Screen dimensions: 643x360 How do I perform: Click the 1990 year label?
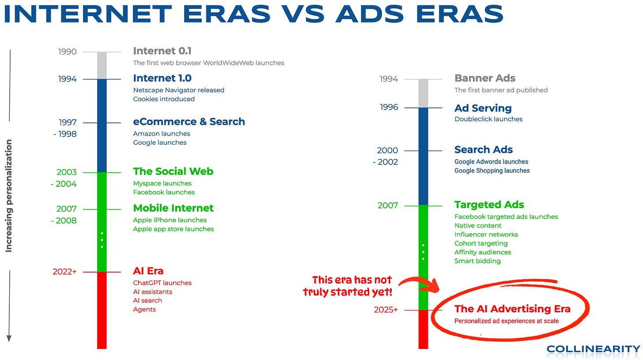tap(68, 52)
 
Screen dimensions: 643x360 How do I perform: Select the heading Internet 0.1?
tap(162, 51)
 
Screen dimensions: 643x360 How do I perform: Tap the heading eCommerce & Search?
tap(189, 121)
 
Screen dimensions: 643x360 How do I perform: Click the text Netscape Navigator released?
tap(178, 90)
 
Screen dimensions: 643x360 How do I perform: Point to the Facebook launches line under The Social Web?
tap(164, 192)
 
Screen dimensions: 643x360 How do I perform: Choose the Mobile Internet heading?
tap(174, 208)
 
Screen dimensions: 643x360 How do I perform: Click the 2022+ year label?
tap(64, 272)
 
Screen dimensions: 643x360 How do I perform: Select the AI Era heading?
tap(148, 271)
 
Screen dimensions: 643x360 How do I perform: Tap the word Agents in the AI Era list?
tap(144, 310)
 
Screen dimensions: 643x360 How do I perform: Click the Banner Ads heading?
tap(485, 78)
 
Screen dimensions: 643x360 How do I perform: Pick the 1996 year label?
tap(389, 107)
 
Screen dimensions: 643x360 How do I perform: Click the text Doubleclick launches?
tap(488, 119)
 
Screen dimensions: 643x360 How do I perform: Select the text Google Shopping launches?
tap(492, 171)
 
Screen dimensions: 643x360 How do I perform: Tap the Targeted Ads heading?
tap(489, 205)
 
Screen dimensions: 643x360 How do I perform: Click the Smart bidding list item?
tap(477, 261)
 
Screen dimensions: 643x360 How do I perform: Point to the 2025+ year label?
tap(386, 310)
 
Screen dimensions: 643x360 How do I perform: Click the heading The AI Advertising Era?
tap(512, 309)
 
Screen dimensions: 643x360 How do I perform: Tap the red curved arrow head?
tap(433, 286)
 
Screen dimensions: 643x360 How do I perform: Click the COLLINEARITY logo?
tap(594, 349)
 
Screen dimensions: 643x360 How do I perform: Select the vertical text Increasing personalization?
tap(9, 196)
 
